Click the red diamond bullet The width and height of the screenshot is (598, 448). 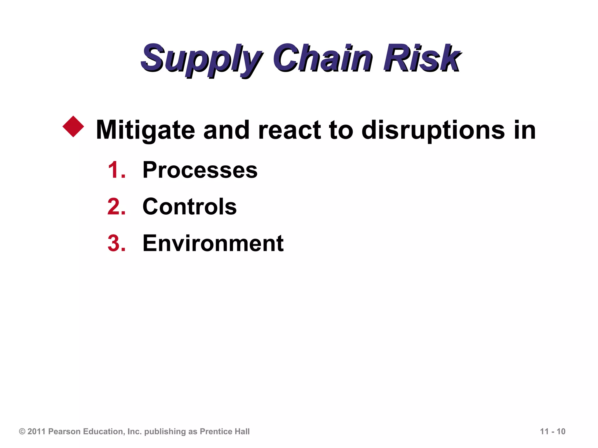coord(73,127)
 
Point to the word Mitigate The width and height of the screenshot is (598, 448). coord(145,130)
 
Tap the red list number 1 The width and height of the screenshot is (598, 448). coord(116,170)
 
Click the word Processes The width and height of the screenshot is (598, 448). coord(200,170)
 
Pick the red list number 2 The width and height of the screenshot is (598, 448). coord(116,207)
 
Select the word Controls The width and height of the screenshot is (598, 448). coord(190,207)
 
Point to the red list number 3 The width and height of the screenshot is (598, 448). coord(116,243)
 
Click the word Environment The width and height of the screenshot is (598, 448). coord(213,243)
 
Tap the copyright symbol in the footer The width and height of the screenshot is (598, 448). coord(22,431)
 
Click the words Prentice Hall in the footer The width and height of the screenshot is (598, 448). coord(225,431)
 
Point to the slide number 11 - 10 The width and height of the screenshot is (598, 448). coord(552,431)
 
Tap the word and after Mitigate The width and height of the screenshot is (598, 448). coord(226,130)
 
